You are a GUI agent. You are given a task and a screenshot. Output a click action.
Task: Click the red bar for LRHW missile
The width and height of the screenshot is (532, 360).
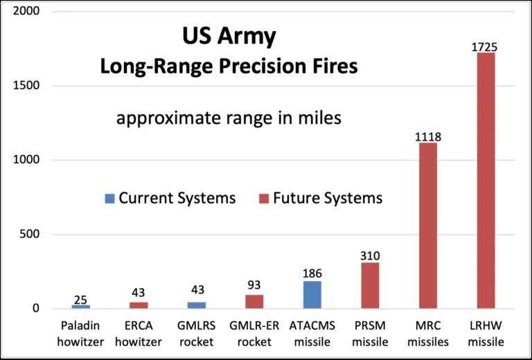click(x=486, y=180)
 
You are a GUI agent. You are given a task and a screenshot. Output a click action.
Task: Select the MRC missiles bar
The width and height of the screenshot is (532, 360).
click(x=428, y=225)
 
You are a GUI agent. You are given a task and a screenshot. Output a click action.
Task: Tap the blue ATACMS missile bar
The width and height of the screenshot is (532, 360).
click(x=312, y=294)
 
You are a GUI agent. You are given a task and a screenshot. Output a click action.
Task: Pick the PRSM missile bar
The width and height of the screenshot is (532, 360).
click(x=370, y=285)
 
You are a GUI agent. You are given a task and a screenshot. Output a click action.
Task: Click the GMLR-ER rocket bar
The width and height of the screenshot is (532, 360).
click(x=254, y=301)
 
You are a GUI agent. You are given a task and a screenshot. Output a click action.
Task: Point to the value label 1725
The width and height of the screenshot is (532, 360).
click(x=486, y=47)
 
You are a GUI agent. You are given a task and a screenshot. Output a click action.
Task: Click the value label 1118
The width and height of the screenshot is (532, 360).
click(x=428, y=136)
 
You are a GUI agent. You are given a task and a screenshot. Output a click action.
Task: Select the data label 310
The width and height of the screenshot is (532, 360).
click(x=370, y=256)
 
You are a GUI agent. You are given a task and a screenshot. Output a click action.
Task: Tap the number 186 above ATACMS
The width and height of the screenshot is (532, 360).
click(x=312, y=274)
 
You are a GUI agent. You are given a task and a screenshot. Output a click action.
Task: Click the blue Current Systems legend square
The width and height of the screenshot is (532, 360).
click(x=109, y=199)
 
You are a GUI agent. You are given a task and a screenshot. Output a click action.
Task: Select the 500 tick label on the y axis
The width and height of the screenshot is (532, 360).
click(x=29, y=234)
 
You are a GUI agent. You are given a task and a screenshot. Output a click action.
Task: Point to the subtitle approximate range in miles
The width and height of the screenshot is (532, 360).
click(x=229, y=118)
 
